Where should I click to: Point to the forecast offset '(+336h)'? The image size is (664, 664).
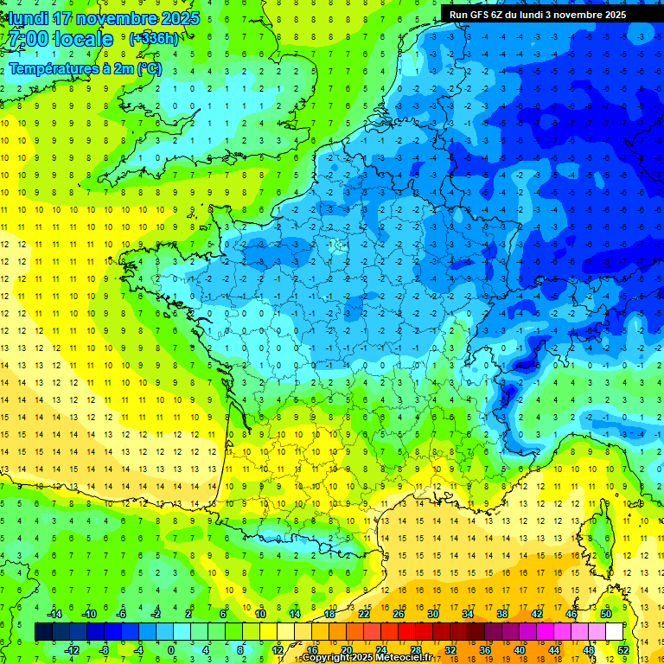[x=154, y=39]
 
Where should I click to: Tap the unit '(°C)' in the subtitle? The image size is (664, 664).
[x=148, y=68]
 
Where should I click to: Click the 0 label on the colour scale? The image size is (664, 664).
[x=170, y=650]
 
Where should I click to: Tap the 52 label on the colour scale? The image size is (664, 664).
[x=623, y=650]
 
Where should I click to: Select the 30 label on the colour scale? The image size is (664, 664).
[x=432, y=614]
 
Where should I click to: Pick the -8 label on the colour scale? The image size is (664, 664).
[x=105, y=650]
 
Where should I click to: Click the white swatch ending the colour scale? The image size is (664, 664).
[x=614, y=632]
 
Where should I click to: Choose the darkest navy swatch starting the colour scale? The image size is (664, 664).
[x=43, y=632]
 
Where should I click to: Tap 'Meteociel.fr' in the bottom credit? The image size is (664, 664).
[x=405, y=658]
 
